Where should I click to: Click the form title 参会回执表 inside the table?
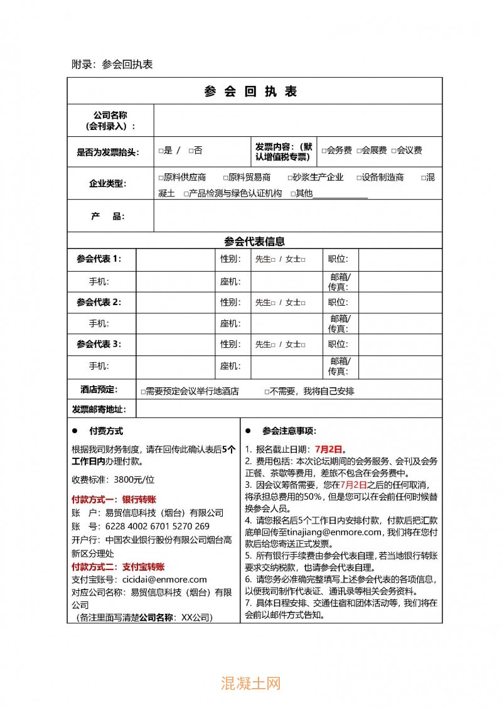[250, 91]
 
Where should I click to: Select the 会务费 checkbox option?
[324, 151]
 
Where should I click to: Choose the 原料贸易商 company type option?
[225, 178]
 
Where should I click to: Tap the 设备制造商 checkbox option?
[359, 178]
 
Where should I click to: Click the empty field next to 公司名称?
[297, 120]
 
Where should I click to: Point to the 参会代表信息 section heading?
[254, 241]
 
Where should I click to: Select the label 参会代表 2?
[99, 302]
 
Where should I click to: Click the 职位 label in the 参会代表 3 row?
[338, 344]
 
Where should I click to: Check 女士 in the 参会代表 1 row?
[302, 259]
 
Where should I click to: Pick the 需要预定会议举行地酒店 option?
[143, 392]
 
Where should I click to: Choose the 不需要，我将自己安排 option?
[267, 392]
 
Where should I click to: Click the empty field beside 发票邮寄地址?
[289, 409]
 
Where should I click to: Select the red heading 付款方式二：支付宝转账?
[118, 566]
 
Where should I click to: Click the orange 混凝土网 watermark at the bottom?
[250, 682]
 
